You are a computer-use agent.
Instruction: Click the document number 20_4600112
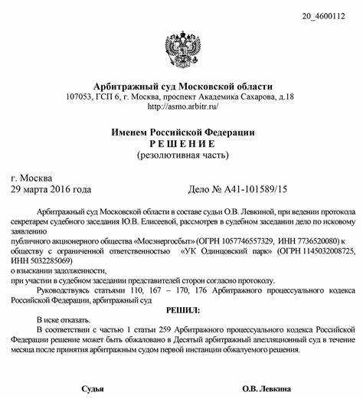point(329,15)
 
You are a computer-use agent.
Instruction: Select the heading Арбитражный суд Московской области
point(181,86)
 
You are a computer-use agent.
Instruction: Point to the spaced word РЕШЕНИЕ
point(181,144)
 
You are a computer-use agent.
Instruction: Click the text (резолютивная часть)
point(181,155)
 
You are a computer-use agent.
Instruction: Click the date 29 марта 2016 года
point(51,189)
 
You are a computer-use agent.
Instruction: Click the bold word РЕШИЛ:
point(181,311)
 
